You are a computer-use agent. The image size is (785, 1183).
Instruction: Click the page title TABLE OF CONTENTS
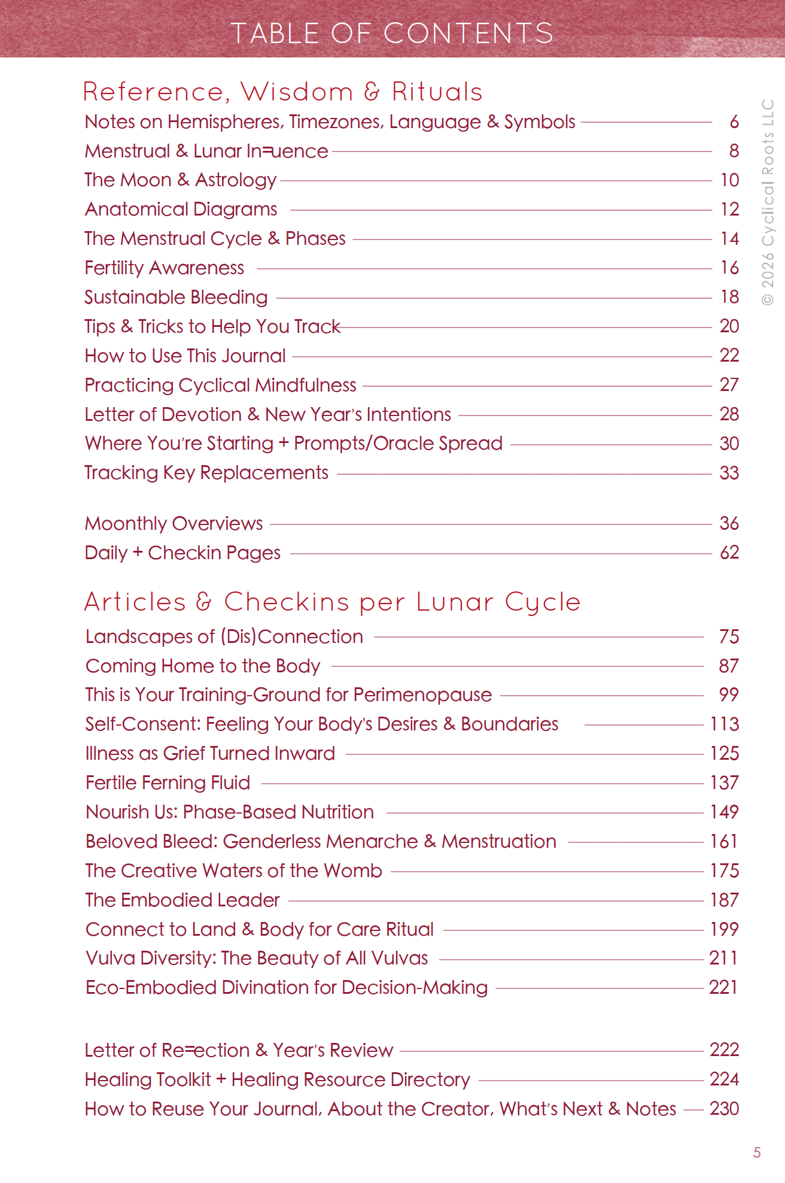[x=392, y=33]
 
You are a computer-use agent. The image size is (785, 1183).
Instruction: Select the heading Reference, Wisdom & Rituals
[x=282, y=92]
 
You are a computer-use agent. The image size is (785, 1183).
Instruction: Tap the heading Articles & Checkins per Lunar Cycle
[x=332, y=602]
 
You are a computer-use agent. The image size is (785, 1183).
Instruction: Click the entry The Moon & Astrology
[x=180, y=180]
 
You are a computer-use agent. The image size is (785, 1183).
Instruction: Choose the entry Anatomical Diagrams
[x=181, y=209]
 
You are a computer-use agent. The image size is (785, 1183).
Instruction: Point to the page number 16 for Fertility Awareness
[x=729, y=268]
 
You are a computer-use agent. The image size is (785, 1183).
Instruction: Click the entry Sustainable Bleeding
[x=176, y=297]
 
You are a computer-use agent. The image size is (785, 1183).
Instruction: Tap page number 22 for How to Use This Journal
[x=729, y=356]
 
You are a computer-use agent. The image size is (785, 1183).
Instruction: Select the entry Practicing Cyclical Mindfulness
[x=220, y=385]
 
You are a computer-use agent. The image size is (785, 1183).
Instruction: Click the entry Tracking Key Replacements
[x=206, y=472]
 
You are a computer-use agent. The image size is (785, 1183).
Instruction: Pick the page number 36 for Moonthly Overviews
[x=729, y=523]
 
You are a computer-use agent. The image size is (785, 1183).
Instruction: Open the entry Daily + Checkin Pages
[x=182, y=553]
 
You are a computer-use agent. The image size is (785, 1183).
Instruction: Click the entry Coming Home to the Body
[x=203, y=666]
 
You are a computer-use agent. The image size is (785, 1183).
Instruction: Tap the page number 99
[x=729, y=694]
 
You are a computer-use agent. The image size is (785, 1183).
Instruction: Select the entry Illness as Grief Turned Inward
[x=210, y=753]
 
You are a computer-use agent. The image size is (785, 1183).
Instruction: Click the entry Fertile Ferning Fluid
[x=168, y=782]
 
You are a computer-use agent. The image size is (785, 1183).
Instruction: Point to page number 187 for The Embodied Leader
[x=724, y=900]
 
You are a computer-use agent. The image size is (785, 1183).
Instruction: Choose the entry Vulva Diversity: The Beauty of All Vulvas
[x=257, y=958]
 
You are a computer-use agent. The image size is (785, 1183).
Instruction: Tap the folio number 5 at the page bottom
[x=757, y=1152]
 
